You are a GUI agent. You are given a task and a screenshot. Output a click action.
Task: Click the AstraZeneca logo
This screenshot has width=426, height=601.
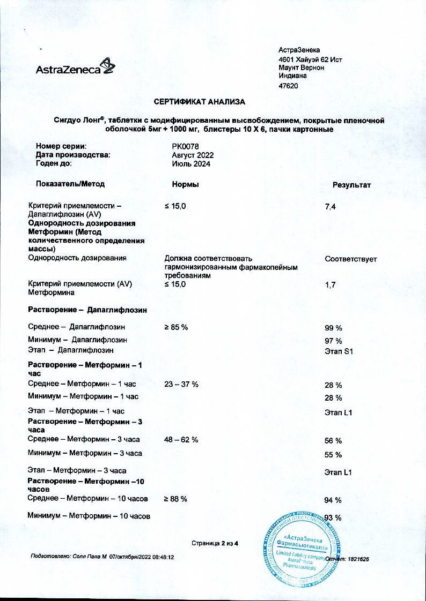(75, 68)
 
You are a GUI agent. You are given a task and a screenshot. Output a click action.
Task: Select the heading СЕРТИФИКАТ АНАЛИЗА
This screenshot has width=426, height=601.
(199, 101)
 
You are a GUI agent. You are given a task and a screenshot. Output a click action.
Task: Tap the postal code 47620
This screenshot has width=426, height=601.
(288, 86)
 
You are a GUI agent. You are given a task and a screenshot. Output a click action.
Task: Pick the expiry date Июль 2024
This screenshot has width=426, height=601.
(187, 164)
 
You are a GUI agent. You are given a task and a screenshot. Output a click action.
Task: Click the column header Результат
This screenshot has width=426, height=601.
(352, 185)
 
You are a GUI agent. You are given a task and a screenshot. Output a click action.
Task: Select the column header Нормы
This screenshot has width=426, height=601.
(186, 184)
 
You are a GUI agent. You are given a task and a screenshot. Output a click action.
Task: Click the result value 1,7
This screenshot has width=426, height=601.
(330, 286)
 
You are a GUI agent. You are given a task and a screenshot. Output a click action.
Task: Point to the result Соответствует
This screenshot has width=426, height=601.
(351, 259)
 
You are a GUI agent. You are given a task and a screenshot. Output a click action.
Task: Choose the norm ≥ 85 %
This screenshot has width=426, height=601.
(176, 327)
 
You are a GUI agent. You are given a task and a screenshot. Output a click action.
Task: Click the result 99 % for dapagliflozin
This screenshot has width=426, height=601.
(333, 327)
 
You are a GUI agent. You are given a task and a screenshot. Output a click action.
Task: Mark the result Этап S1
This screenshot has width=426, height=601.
(339, 352)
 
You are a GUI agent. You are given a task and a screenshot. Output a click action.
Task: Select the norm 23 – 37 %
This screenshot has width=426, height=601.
(181, 385)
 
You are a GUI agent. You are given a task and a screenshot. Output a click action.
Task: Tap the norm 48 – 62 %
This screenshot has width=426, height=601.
(181, 440)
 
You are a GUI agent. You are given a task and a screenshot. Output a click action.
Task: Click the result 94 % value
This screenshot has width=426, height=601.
(333, 500)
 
